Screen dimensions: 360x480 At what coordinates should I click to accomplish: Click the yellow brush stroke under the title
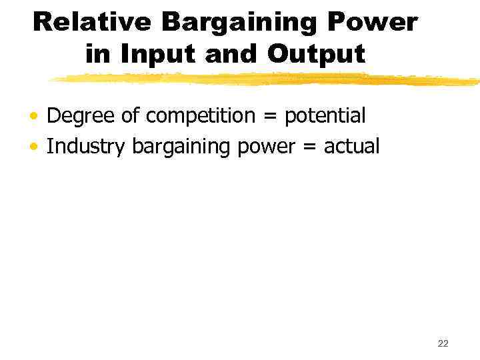pos(267,79)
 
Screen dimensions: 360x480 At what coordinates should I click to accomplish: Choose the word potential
pos(325,117)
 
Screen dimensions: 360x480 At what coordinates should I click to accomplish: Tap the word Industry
pos(85,147)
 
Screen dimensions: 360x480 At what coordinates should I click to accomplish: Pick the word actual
pos(351,147)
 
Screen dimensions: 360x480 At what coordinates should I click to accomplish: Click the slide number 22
pos(443,343)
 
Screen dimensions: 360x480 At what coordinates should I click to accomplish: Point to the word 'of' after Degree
pos(131,117)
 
